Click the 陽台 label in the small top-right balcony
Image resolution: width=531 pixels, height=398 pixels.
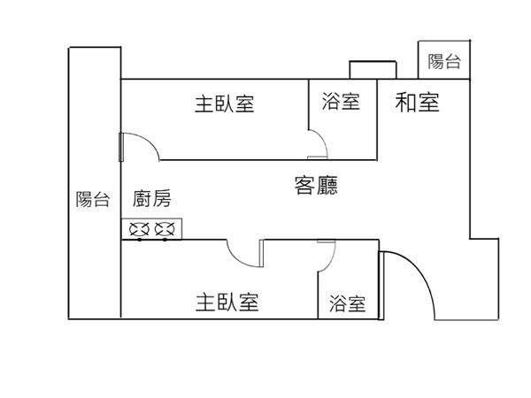(444, 61)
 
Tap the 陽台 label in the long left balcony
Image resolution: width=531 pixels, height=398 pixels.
(92, 200)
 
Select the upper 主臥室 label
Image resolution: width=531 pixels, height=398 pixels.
(225, 103)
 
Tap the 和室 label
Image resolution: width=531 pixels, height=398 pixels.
(417, 103)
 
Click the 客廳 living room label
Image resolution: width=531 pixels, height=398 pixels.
(316, 186)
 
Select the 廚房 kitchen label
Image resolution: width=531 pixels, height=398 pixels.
(152, 200)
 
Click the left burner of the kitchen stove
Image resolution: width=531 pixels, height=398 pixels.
(140, 230)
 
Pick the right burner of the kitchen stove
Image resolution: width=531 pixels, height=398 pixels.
(164, 230)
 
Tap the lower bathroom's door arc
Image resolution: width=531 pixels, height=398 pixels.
(327, 255)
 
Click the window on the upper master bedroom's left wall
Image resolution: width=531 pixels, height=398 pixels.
(120, 147)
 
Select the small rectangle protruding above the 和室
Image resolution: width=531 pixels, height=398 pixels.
(371, 70)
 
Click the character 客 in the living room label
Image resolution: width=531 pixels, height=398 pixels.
(304, 186)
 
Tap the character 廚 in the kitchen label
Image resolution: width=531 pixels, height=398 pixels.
(142, 200)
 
